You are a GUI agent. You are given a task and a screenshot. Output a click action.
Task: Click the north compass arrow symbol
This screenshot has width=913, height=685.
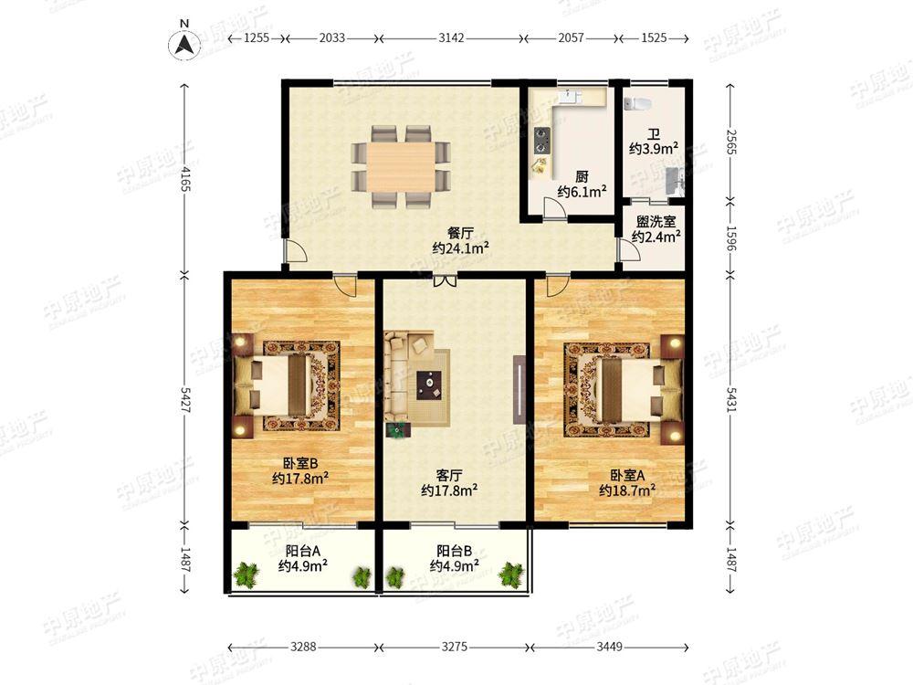[184, 44]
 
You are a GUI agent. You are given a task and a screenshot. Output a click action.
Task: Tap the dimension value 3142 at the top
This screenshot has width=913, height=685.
[451, 37]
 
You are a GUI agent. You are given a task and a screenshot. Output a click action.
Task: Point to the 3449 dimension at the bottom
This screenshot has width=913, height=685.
[609, 646]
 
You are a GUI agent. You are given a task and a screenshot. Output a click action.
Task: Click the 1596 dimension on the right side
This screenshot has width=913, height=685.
[731, 237]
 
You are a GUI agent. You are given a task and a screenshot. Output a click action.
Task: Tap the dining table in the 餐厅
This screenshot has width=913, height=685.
[401, 166]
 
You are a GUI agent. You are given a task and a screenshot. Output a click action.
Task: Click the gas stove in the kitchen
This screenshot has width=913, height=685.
[542, 141]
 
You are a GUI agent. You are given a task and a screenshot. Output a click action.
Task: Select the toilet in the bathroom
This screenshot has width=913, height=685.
[636, 104]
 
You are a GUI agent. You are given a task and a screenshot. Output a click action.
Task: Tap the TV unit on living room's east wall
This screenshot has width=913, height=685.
[519, 389]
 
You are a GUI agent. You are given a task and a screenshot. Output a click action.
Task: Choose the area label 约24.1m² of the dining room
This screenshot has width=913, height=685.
[460, 248]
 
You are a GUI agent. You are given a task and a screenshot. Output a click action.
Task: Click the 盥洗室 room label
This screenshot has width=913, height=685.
[656, 221]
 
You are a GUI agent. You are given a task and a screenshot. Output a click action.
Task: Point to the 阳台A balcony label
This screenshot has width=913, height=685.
[303, 551]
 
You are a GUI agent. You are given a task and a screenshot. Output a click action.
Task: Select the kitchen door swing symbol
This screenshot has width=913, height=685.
[554, 208]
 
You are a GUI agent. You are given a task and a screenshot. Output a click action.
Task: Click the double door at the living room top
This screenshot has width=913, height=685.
[445, 280]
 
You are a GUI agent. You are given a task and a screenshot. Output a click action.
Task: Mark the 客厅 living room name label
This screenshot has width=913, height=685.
[449, 475]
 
